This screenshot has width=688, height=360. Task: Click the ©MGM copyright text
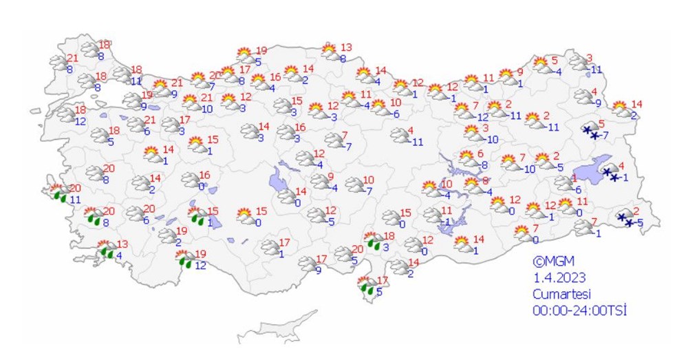(x=552, y=262)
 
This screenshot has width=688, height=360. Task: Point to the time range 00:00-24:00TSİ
(x=579, y=310)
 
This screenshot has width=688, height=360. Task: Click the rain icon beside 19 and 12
(x=185, y=259)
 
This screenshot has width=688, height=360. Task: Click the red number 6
(x=481, y=153)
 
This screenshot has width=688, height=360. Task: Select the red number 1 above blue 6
(x=574, y=178)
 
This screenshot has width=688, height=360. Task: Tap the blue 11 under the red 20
(x=74, y=200)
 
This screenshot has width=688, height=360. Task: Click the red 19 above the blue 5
(x=261, y=50)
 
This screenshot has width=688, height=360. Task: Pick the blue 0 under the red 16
(x=202, y=187)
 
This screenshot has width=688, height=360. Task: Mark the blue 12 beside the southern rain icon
(x=200, y=265)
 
